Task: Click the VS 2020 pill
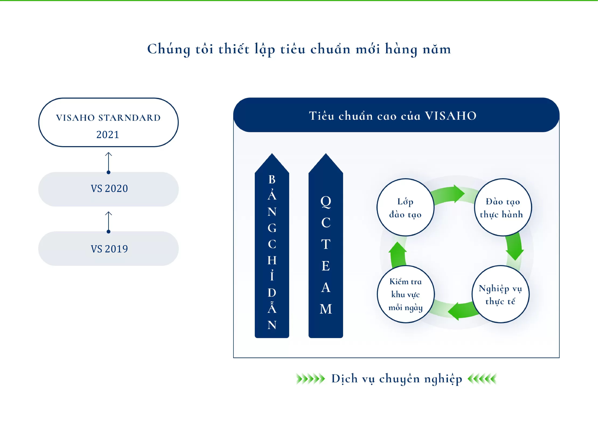[109, 189]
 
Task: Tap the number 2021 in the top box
[108, 135]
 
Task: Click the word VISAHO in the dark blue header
[451, 116]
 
